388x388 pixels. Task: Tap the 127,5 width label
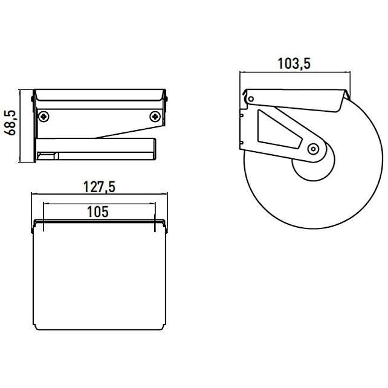click(100, 187)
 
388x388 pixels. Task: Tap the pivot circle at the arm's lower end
click(313, 147)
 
